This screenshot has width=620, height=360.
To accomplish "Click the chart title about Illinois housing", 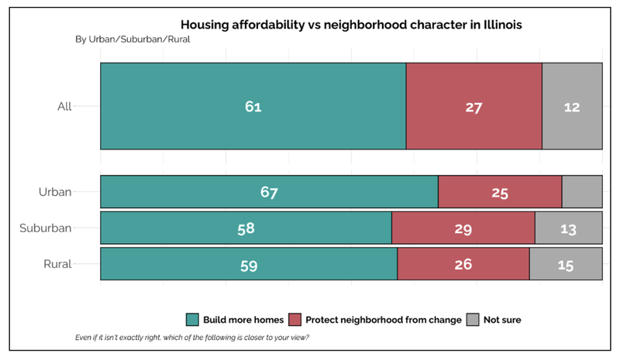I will pos(351,25).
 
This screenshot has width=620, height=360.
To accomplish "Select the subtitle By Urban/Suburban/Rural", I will pos(132,39).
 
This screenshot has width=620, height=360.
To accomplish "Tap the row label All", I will pos(64,107).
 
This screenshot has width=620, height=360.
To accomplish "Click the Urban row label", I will pos(56,192).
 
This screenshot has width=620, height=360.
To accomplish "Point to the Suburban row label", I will pos(46,228).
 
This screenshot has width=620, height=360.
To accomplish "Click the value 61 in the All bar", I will pos(253,107).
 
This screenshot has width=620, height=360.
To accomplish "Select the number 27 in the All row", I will pos(474,107).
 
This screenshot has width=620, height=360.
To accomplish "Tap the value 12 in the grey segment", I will pos(572,107).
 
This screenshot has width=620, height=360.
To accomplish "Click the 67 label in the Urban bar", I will pos(269,192).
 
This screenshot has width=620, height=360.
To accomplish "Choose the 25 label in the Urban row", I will pos(500,192).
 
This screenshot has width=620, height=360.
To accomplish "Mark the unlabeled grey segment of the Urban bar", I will pos(582,192).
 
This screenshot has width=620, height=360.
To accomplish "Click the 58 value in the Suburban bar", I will pos(246,228).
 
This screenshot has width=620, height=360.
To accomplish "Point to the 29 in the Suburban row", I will pos(463,228).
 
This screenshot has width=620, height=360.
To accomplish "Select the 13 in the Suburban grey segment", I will pos(569,228).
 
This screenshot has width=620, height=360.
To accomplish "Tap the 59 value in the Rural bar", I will pos(249,264).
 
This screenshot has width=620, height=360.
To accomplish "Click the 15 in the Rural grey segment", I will pos(566,264).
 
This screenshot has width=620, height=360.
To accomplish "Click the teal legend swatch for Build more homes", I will pos(193,320).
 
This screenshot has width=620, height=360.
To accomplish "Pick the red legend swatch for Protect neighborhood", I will pos(295,320).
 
